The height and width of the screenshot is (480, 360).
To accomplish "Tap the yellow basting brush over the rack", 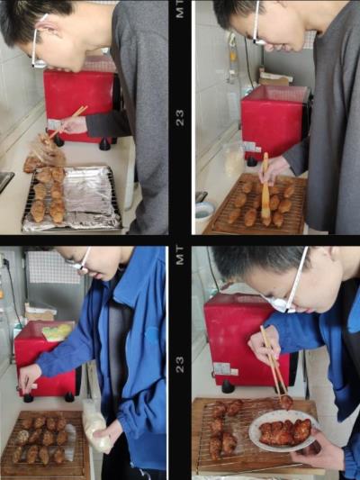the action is (x=265, y=189).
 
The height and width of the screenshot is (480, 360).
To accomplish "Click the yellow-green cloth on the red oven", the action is (x=58, y=332).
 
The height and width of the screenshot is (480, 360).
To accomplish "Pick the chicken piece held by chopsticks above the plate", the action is (x=286, y=403).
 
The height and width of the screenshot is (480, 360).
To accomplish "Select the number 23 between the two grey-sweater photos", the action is (x=180, y=118).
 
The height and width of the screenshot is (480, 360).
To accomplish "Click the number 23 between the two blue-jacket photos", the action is (x=180, y=365).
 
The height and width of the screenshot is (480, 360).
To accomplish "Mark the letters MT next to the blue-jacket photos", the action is (x=180, y=256).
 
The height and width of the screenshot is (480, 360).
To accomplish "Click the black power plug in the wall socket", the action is (x=5, y=262).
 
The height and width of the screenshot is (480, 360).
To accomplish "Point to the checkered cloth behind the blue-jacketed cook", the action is (x=52, y=267).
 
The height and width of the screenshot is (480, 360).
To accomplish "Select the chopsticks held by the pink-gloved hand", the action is (x=68, y=122).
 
